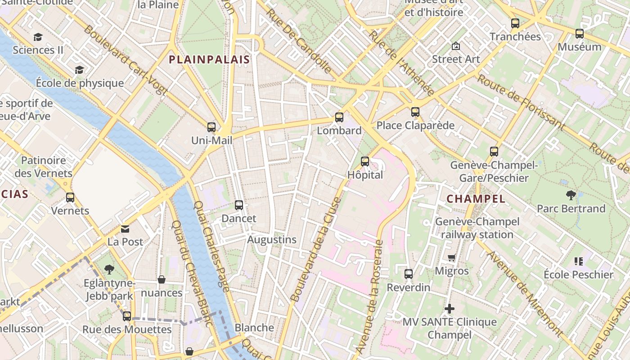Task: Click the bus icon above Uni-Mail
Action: pyautogui.click(x=211, y=127)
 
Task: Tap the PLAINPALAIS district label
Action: pyautogui.click(x=209, y=59)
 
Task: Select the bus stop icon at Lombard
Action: pyautogui.click(x=339, y=117)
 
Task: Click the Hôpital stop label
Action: pyautogui.click(x=365, y=175)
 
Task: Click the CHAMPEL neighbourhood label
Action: pyautogui.click(x=476, y=198)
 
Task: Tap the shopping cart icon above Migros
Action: pyautogui.click(x=452, y=258)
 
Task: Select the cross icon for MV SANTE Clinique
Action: pyautogui.click(x=449, y=309)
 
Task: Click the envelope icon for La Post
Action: pyautogui.click(x=125, y=229)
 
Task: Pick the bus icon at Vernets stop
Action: pyautogui.click(x=70, y=197)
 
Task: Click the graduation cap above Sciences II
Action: pyautogui.click(x=38, y=37)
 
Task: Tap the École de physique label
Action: pyautogui.click(x=80, y=83)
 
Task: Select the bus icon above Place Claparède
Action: pyautogui.click(x=415, y=112)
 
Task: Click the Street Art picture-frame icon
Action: pyautogui.click(x=456, y=46)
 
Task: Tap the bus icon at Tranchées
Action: pyautogui.click(x=515, y=23)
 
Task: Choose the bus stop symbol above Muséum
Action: pyautogui.click(x=580, y=34)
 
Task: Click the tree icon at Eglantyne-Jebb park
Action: pyautogui.click(x=109, y=270)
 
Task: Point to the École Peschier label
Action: pyautogui.click(x=578, y=274)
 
